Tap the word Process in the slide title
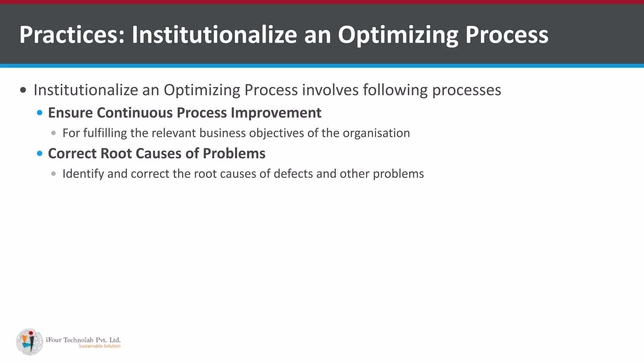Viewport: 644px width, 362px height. (x=507, y=35)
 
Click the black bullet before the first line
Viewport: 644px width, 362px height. (x=23, y=90)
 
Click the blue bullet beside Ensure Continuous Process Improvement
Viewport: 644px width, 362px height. (x=40, y=113)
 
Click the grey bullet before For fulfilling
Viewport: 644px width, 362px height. (x=53, y=133)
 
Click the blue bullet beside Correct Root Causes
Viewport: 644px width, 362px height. (x=40, y=154)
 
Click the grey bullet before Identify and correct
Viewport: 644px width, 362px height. (x=53, y=174)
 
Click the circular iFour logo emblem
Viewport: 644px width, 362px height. (x=30, y=342)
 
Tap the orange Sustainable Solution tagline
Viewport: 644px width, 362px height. (x=99, y=346)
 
